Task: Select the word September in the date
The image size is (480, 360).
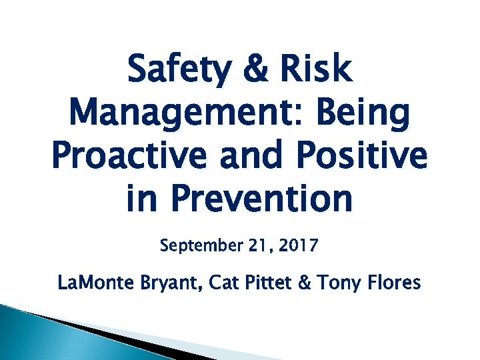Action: tap(199, 247)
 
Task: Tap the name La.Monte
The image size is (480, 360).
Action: tap(95, 283)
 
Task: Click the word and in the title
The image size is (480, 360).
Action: tap(242, 157)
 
